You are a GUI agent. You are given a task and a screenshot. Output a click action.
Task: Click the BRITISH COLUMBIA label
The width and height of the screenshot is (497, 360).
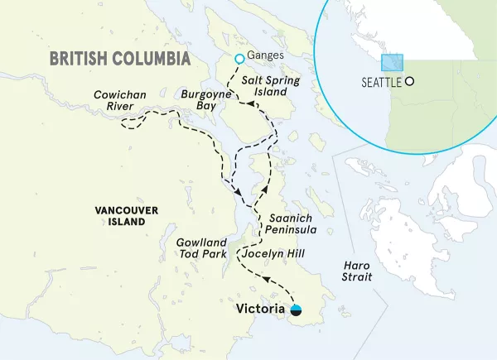120,58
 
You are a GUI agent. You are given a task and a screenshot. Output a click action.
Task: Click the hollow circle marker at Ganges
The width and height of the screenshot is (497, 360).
239,58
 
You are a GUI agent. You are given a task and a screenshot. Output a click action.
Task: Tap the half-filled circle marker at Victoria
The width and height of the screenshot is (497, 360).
297,310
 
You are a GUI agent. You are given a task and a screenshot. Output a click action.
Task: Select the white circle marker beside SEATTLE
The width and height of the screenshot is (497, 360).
409,82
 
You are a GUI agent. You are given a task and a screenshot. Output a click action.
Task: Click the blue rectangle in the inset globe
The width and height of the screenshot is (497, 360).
391,63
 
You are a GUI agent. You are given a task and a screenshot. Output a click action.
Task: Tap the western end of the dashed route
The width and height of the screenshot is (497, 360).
123,124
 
